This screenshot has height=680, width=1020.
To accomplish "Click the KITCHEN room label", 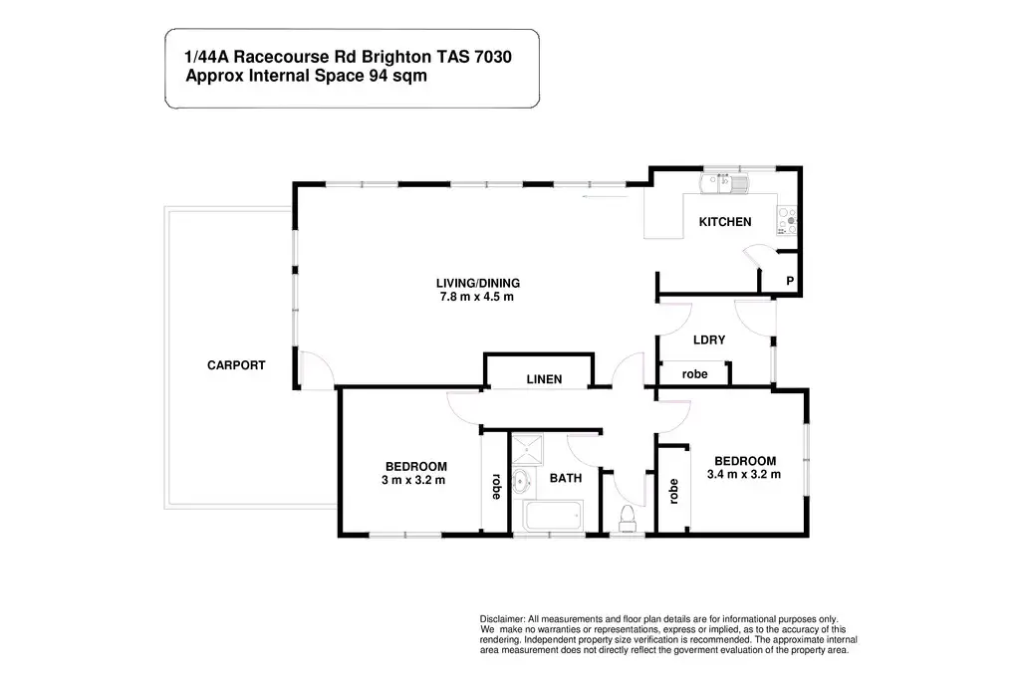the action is (x=725, y=222).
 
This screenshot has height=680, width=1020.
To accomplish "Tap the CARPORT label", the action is (x=236, y=365).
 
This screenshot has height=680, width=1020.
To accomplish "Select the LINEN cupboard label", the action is (x=544, y=379).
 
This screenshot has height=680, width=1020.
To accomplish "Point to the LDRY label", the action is (x=709, y=340).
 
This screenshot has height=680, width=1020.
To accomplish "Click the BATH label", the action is (x=566, y=478).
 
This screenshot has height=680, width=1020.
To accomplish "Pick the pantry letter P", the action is (x=790, y=281).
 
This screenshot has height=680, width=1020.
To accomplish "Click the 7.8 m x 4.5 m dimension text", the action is (x=477, y=297).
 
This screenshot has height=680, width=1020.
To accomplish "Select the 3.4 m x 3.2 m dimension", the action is (x=744, y=474).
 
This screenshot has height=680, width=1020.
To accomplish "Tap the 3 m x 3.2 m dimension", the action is (x=413, y=480).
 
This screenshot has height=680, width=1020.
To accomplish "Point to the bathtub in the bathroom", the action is (x=553, y=516).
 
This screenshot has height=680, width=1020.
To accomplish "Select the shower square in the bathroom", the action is (x=526, y=450).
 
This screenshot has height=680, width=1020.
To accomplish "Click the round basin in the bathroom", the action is (x=521, y=482).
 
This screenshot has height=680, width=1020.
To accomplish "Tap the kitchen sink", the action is (x=724, y=182).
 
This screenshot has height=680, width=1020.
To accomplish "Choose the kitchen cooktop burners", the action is (x=787, y=220).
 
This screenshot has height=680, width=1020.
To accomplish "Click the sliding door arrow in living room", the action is (x=605, y=196).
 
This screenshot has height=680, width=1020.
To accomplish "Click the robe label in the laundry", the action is (x=694, y=373).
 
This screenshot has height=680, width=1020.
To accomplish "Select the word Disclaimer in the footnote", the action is (x=502, y=619).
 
